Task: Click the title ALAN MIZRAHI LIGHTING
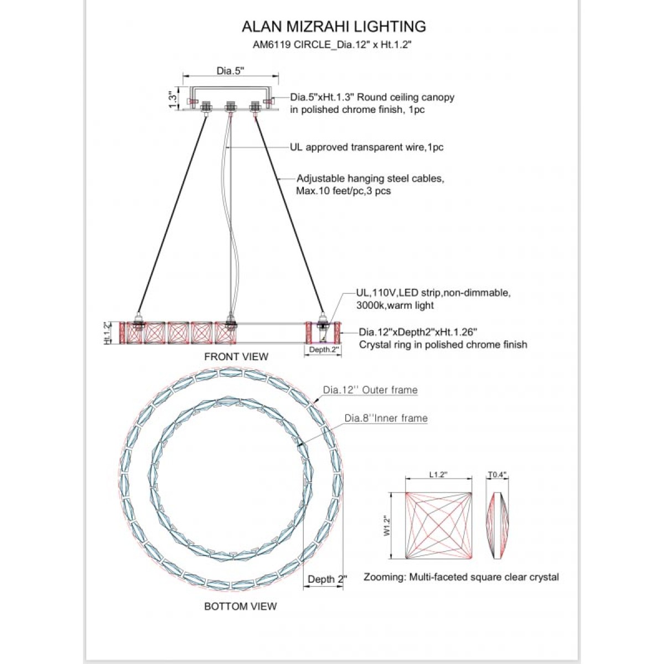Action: [x=334, y=27]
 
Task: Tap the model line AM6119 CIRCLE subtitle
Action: [x=332, y=45]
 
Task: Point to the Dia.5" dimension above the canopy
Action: [x=231, y=71]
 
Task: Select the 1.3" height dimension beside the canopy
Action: [x=173, y=99]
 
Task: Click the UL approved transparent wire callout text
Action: [x=367, y=147]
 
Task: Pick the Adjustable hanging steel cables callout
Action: [x=370, y=184]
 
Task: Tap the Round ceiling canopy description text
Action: [x=372, y=103]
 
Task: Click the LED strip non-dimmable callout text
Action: [x=433, y=299]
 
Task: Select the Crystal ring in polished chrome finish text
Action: [x=443, y=338]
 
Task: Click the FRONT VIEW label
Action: [x=236, y=357]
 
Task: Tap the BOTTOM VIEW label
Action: [x=241, y=606]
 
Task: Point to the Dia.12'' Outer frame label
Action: [x=370, y=390]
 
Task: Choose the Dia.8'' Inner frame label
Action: [x=386, y=418]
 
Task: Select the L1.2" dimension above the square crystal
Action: [x=438, y=474]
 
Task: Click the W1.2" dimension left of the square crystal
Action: [x=387, y=526]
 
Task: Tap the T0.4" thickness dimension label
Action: [x=497, y=475]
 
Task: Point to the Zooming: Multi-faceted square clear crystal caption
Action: [x=461, y=577]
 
